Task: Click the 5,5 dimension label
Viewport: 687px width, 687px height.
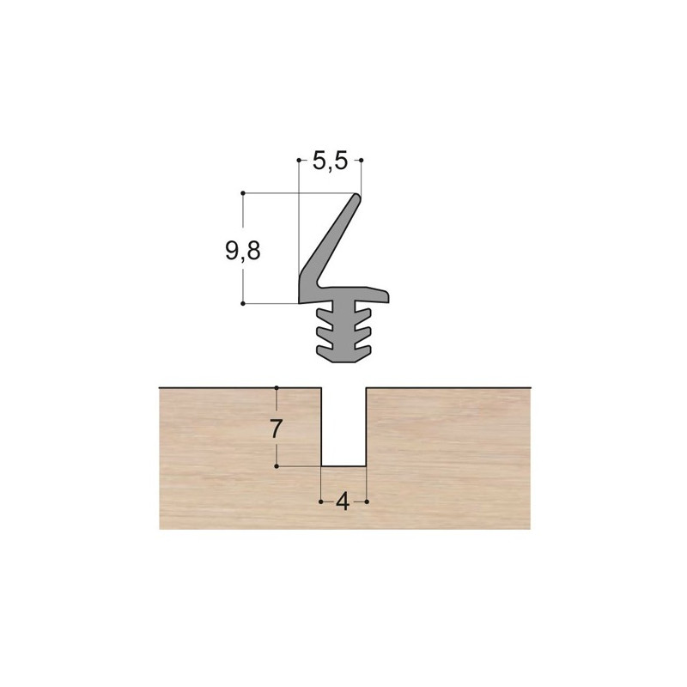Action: (330, 161)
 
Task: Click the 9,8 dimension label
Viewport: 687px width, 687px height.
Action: (243, 251)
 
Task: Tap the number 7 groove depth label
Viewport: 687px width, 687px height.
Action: (275, 429)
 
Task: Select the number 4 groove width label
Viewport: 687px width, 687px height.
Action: (343, 502)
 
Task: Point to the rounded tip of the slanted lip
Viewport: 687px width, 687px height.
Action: (357, 198)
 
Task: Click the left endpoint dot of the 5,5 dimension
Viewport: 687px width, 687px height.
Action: (299, 161)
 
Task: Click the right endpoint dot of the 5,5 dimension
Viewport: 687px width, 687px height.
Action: (362, 161)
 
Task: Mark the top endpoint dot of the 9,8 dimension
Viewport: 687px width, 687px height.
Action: (243, 192)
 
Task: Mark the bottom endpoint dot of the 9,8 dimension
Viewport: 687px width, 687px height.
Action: (243, 303)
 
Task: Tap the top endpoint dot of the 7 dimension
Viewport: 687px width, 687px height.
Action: (277, 388)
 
